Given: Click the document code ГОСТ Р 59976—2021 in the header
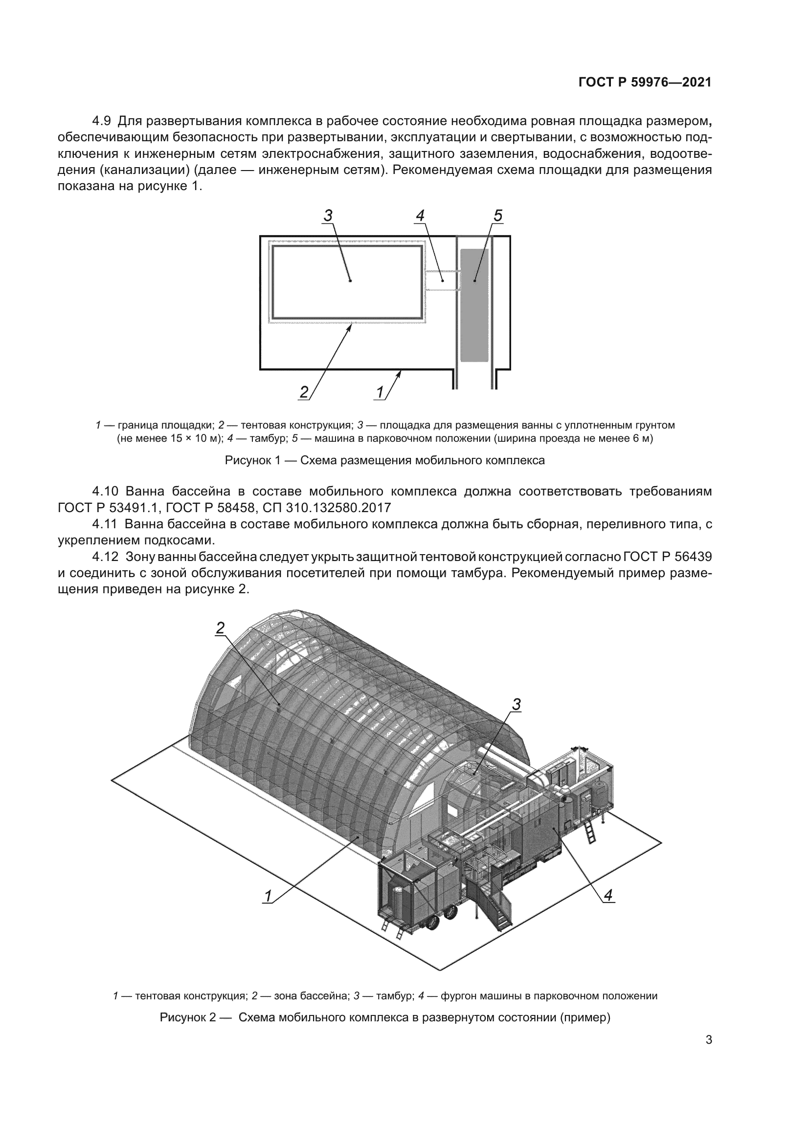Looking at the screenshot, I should click(x=645, y=83).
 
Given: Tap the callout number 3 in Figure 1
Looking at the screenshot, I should click(x=328, y=216).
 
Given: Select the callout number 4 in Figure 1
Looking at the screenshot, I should click(x=420, y=216).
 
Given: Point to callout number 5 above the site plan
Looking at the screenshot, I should click(x=497, y=216).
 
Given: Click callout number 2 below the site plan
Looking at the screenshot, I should click(x=304, y=392).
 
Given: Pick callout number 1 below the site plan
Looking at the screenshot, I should click(x=380, y=392).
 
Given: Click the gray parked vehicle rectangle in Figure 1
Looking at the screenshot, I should click(x=474, y=304).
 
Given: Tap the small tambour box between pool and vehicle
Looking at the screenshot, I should click(x=441, y=280).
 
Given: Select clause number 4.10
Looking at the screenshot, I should click(x=105, y=491).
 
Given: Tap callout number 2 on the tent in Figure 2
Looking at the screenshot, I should click(x=220, y=628).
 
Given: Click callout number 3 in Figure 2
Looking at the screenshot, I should click(x=517, y=705).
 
